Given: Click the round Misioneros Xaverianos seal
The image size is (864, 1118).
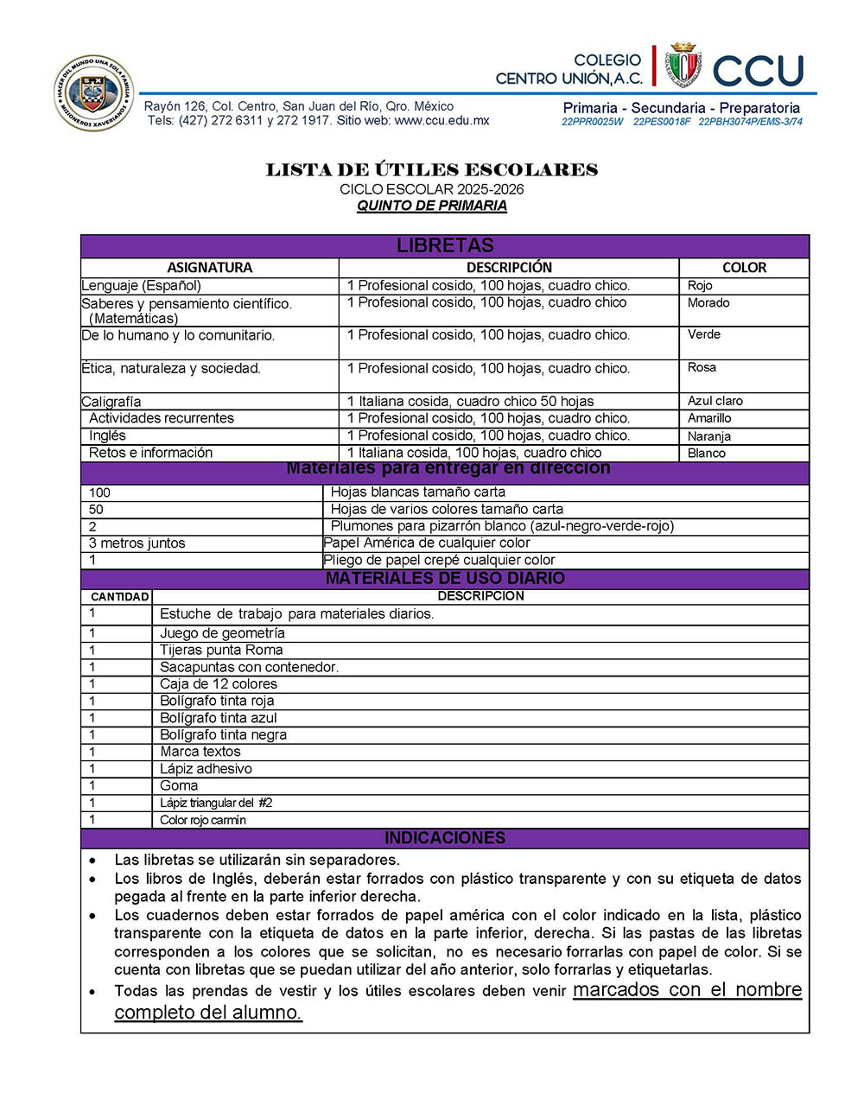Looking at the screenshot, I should point(93,93).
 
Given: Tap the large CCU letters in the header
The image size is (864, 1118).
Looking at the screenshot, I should point(759,71).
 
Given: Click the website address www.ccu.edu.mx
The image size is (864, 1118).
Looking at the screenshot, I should point(442,121).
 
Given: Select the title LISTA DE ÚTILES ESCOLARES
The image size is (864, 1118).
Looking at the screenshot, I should point(432,170).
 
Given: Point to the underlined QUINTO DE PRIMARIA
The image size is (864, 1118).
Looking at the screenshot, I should point(432,206).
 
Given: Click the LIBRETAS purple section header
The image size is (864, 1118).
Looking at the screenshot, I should point(445,245).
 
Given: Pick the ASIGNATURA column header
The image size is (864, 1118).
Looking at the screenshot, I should point(210,268).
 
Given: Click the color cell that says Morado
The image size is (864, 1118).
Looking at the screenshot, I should point(708,302).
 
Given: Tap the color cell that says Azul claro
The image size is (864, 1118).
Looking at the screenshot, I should point(715,401).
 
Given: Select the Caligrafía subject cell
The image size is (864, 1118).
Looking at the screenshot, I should point(111,402).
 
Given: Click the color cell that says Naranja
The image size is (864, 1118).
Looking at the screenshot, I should point(708,436).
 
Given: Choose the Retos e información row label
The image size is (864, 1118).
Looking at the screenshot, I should point(150,453).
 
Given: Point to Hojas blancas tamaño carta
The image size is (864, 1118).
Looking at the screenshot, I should point(418,492).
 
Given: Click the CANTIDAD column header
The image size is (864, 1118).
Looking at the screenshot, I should point(119,597).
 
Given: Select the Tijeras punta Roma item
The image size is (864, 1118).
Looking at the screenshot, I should point(221,650).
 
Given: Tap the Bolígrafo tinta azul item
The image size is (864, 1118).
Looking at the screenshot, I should point(219,718).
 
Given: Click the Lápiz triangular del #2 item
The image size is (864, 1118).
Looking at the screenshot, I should point(216,803).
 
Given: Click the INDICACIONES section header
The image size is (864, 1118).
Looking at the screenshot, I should point(445,838).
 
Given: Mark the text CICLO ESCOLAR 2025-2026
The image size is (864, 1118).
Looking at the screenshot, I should point(432,189).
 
